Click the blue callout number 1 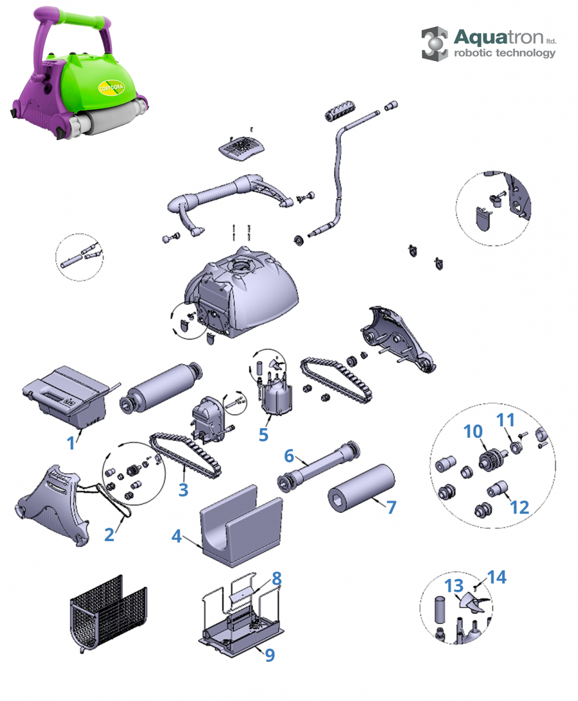point(71,443)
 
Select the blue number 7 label point(391,506)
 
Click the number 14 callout point(497,577)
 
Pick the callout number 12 point(519,507)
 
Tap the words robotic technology point(505,53)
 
